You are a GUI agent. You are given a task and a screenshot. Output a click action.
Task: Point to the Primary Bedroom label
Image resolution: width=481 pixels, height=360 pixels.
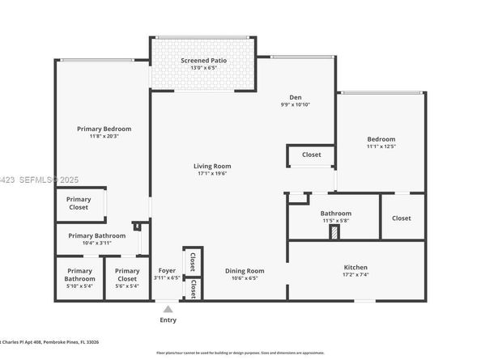coord(104,129)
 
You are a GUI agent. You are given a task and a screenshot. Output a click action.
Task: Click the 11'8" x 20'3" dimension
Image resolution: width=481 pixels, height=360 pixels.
coord(104,137)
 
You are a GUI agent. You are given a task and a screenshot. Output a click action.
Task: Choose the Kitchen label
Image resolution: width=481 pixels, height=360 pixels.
coord(355,267)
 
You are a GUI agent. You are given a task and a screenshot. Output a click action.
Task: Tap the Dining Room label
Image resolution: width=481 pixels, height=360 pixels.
coord(245,271)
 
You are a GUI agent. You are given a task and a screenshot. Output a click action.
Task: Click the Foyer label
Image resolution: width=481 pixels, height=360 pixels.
coord(167,271)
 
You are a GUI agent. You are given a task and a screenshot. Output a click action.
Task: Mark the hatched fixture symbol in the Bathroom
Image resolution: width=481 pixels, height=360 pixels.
coord(333,232)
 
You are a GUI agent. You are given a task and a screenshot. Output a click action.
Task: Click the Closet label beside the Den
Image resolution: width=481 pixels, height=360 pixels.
coord(311,155)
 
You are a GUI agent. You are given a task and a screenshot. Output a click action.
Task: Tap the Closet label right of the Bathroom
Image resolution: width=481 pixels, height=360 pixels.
coord(402,218)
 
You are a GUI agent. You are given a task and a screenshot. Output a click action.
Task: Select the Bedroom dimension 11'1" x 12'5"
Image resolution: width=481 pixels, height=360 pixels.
coord(380,146)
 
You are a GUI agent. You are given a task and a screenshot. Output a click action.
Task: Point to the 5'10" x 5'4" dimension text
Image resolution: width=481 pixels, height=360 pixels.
coord(79,286)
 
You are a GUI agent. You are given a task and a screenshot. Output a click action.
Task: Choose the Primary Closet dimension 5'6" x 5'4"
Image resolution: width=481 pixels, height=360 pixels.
coord(127,286)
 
